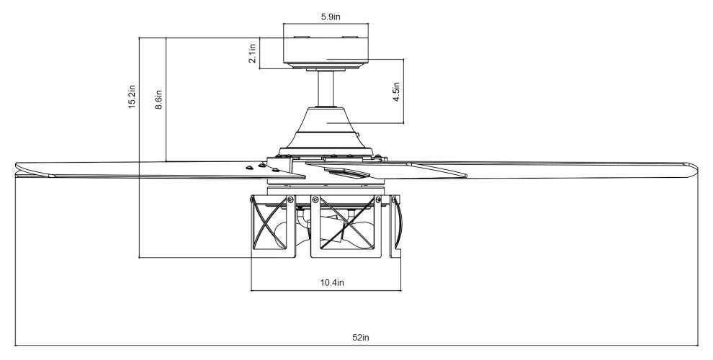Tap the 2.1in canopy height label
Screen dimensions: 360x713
[253, 54]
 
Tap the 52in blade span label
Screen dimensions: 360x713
[361, 337]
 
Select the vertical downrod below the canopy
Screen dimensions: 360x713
[328, 89]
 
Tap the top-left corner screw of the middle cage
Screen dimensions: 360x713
[315, 199]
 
